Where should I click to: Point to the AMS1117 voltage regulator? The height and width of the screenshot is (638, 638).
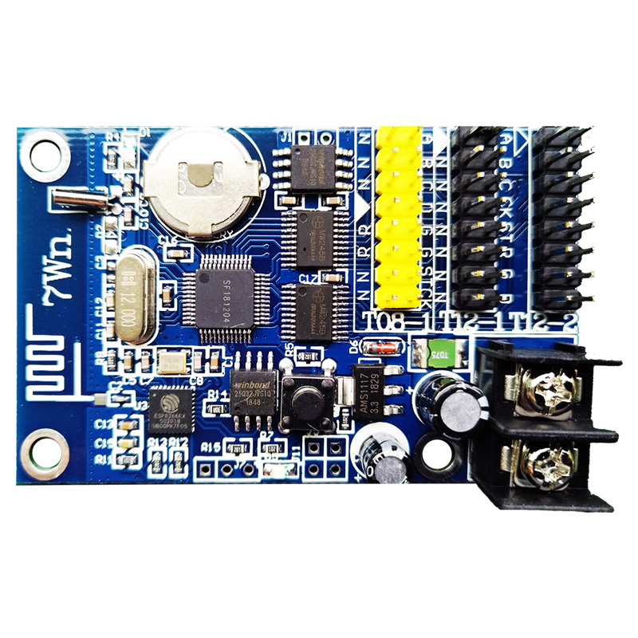373,391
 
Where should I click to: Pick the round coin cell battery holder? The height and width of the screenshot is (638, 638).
204,179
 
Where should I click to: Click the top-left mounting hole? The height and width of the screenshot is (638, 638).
45,154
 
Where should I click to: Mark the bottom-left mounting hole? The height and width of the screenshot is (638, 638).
45,451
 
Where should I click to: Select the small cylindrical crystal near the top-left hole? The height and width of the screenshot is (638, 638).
80,199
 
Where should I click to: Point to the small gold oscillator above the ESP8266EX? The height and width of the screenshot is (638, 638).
173,363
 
